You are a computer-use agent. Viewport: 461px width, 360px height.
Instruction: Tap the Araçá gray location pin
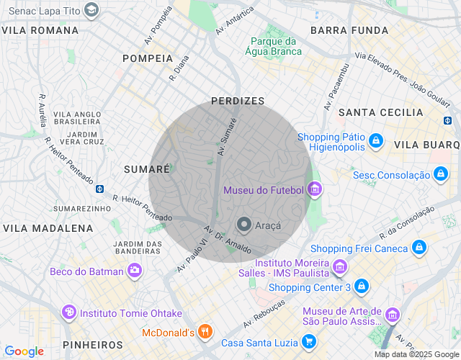[x=244, y=225]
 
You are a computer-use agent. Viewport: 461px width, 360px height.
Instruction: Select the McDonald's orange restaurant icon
[x=205, y=332]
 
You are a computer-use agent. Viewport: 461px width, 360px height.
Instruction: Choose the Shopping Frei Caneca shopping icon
[x=419, y=248]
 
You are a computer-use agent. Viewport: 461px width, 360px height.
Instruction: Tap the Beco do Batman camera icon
[x=135, y=271]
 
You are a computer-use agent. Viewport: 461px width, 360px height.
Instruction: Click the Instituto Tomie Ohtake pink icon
[x=68, y=312]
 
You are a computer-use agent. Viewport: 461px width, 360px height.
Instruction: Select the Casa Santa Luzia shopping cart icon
[x=309, y=342]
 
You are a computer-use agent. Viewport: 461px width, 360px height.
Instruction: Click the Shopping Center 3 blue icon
[x=361, y=287]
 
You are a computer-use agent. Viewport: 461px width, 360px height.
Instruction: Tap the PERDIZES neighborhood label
[x=238, y=102]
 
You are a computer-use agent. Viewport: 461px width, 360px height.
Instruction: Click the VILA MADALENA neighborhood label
[x=48, y=228]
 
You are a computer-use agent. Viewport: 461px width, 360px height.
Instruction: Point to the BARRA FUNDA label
[x=349, y=30]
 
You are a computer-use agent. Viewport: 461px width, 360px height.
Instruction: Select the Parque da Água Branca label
[x=273, y=46]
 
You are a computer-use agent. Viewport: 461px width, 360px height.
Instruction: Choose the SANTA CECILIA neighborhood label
[x=381, y=112]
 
